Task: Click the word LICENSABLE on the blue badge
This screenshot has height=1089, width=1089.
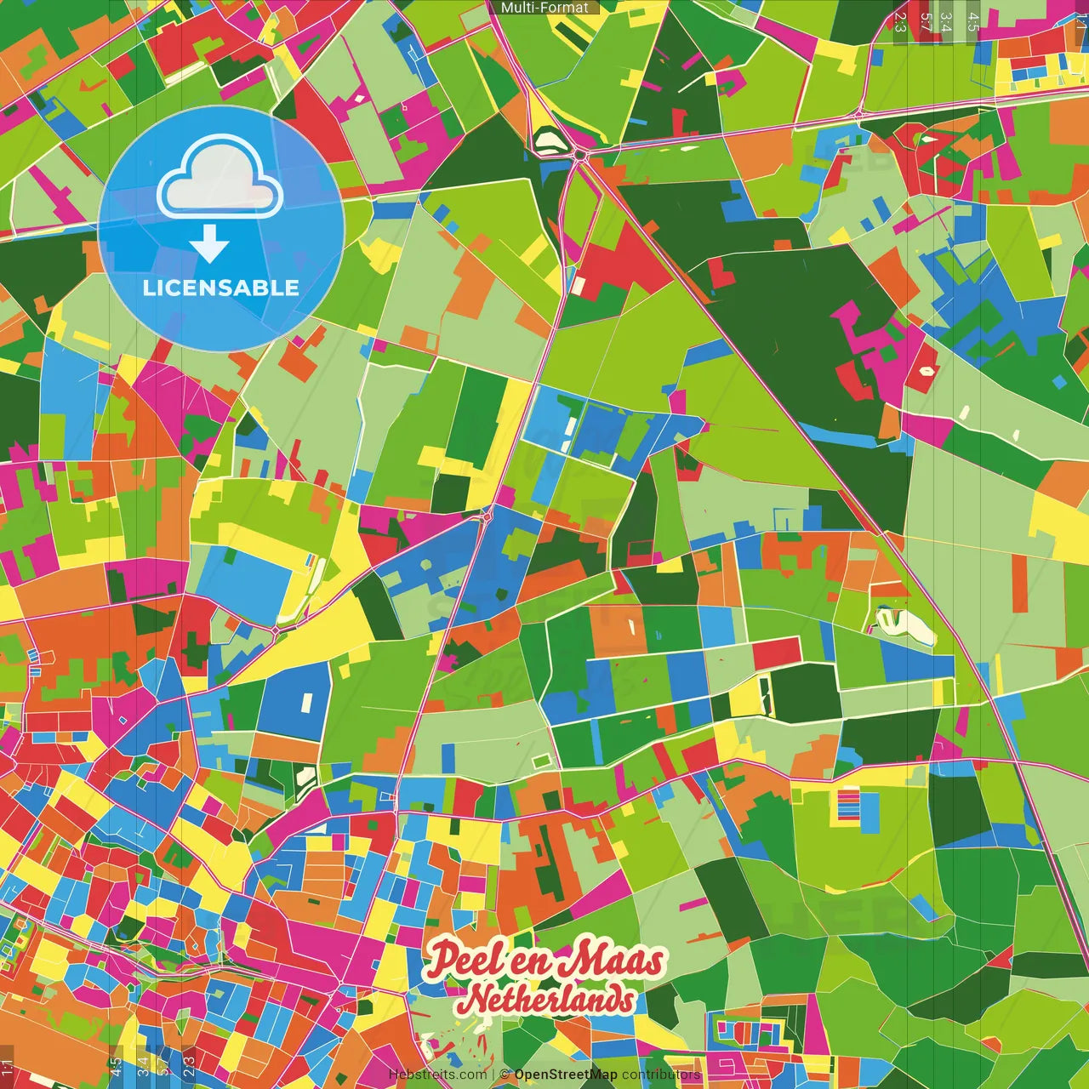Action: coord(221,288)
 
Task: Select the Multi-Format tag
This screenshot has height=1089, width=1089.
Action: coord(544,8)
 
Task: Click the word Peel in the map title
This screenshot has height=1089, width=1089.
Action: coord(464,959)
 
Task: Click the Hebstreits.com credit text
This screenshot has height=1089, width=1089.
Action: coord(437,1075)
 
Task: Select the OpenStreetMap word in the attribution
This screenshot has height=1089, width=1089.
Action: coord(565,1075)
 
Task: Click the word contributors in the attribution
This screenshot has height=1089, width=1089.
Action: coord(661,1075)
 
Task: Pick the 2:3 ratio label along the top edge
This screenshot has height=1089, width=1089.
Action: coord(900,21)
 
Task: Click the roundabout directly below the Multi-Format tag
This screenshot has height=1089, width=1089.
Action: coord(580,155)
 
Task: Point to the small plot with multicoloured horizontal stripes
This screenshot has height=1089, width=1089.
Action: coord(848,803)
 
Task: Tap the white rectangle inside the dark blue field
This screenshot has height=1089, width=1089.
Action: coord(305,702)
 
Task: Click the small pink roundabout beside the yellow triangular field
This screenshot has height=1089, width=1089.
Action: coord(487,516)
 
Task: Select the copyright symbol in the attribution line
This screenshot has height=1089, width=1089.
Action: coord(505,1075)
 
